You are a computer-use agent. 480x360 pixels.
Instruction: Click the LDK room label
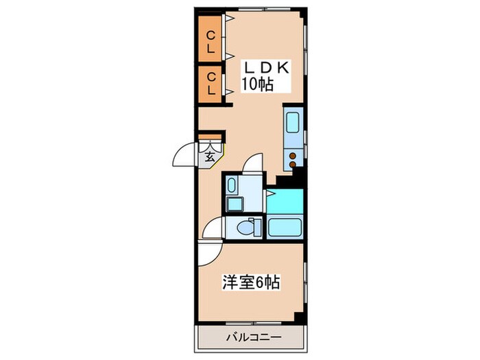pos(266,69)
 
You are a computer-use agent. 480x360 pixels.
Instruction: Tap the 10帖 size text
pos(257,86)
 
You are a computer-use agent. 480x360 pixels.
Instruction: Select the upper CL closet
pos(211,43)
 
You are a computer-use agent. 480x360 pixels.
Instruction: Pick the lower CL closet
pos(211,83)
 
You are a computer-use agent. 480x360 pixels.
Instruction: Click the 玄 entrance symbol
pos(211,155)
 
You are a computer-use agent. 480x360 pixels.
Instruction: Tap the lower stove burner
pos(293,165)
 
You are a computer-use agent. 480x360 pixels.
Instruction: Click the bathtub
pos(285,226)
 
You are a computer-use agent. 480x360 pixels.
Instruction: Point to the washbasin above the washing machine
pos(231,185)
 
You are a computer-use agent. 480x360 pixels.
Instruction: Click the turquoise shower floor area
pos(283,200)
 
